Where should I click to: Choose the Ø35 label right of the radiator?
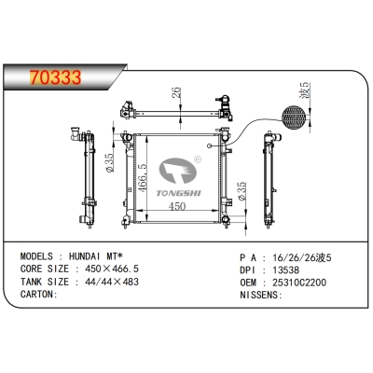coord(242,193)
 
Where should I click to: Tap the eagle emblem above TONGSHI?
coord(179,169)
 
